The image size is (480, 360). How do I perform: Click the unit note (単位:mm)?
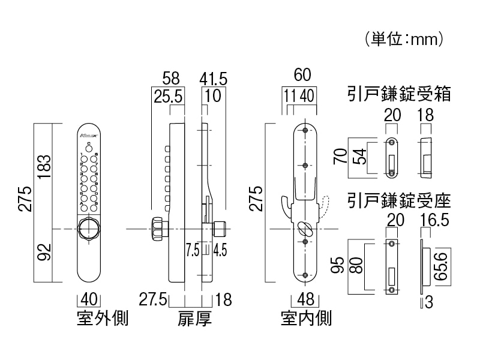tap(403, 40)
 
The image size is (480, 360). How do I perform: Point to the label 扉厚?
tap(195, 318)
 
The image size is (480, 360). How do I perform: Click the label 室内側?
tap(306, 318)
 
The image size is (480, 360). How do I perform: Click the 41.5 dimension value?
tap(213, 78)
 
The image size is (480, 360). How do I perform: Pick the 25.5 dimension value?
tap(169, 95)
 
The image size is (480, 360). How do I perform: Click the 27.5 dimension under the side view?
tap(152, 299)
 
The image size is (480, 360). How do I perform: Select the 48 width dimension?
tap(305, 299)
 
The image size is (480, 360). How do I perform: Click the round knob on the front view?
tap(88, 230)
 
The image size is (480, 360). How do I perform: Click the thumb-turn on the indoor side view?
tap(305, 229)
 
